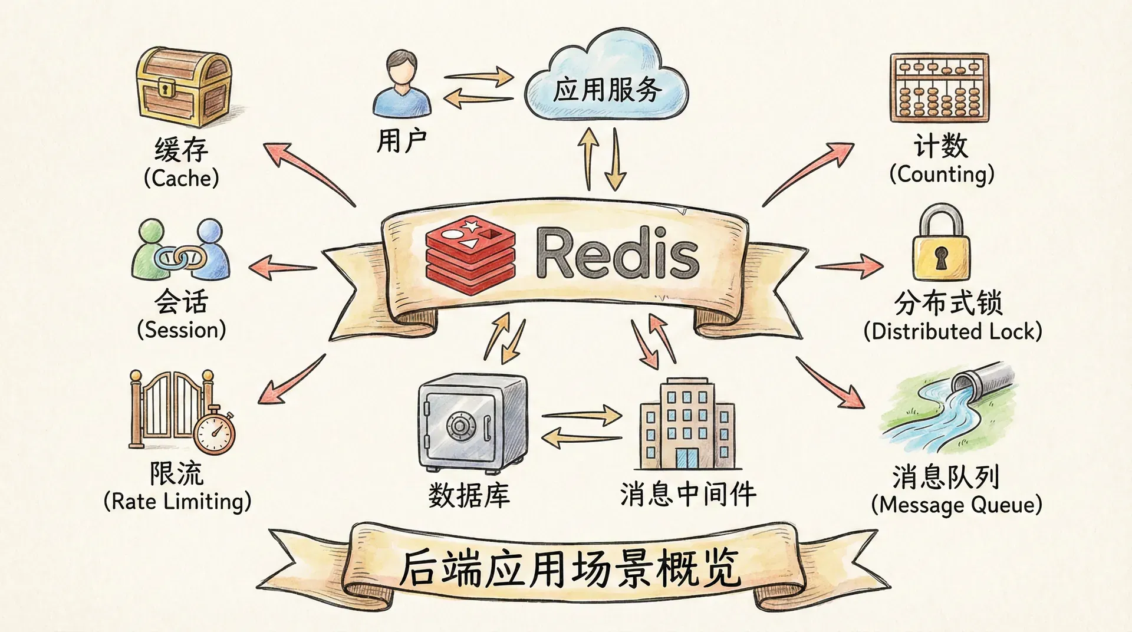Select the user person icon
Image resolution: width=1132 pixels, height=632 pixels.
coord(402,84)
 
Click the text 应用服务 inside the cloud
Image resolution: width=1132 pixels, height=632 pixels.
coord(607,90)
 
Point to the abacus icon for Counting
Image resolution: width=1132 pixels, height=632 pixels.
coord(939,88)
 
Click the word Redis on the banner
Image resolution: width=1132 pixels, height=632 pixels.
coord(617,255)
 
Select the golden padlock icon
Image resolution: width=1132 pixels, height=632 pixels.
coord(941,243)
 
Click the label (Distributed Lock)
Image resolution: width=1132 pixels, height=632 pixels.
coord(953,331)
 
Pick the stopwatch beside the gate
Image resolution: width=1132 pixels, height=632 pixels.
coord(215,432)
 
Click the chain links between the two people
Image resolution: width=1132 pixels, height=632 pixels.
coord(180,257)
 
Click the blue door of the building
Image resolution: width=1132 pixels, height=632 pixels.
coord(686,457)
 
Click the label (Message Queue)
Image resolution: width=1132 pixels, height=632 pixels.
coord(956,505)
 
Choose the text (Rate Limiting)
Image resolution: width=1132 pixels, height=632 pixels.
coord(177,502)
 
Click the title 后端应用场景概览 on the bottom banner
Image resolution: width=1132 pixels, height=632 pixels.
coord(570,568)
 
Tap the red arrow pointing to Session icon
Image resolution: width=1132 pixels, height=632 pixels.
coord(282,267)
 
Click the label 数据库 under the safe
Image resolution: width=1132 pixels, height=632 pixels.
coord(469,495)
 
